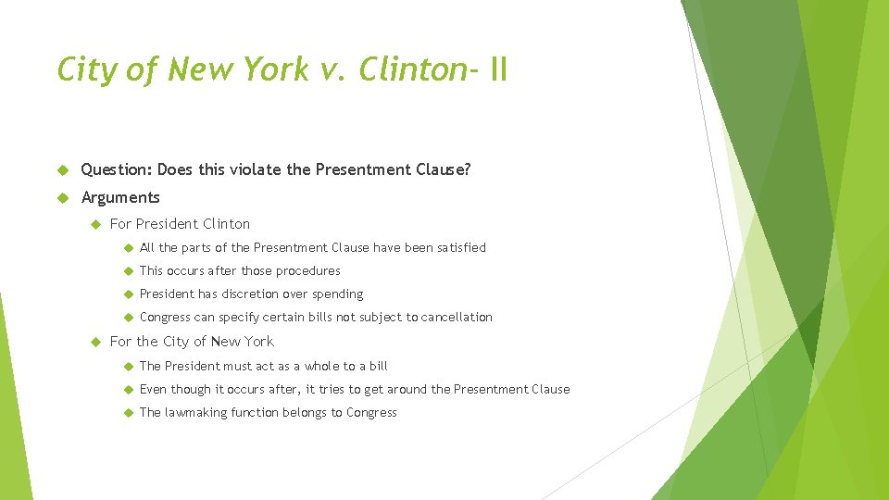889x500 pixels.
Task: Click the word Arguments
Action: click(x=120, y=197)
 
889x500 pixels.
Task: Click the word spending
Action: click(x=339, y=294)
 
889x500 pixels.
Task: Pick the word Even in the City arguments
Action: click(x=152, y=390)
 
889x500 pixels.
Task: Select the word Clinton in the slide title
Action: click(x=412, y=69)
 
